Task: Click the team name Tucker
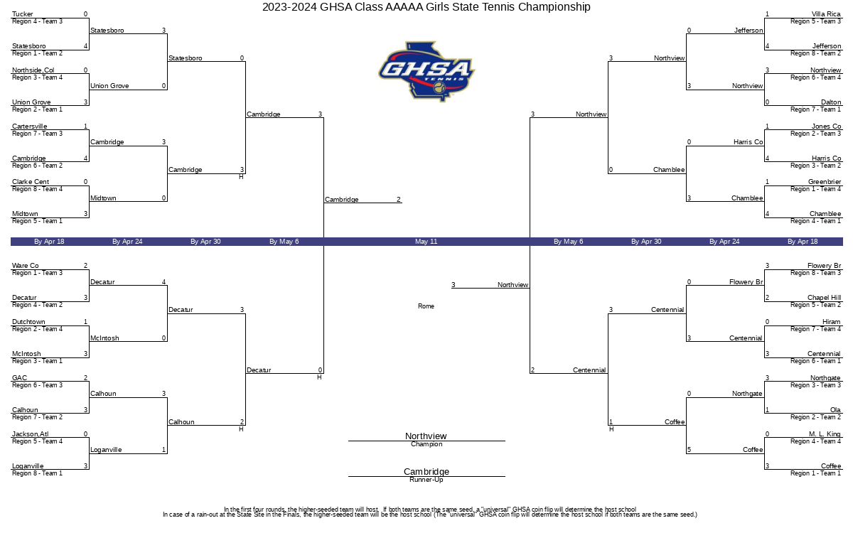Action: pos(23,14)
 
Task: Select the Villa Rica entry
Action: pos(826,14)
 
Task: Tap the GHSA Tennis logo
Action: pos(426,72)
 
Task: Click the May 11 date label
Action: pos(426,242)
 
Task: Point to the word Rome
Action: pos(426,306)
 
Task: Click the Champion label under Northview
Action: pos(426,444)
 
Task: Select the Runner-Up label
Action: pos(426,480)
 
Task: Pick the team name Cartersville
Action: pos(30,126)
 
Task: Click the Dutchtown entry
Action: pos(28,322)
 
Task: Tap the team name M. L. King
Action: pos(825,434)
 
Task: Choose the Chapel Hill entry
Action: pos(824,298)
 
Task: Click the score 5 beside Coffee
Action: pos(689,450)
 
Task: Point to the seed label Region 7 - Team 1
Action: pos(815,109)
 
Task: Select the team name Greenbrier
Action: pos(825,182)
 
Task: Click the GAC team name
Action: pos(19,377)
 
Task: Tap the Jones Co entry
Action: pos(826,126)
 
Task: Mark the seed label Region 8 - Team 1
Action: pos(37,473)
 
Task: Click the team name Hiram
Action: pos(831,322)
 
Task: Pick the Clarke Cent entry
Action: pos(31,182)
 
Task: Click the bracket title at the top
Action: pos(426,7)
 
